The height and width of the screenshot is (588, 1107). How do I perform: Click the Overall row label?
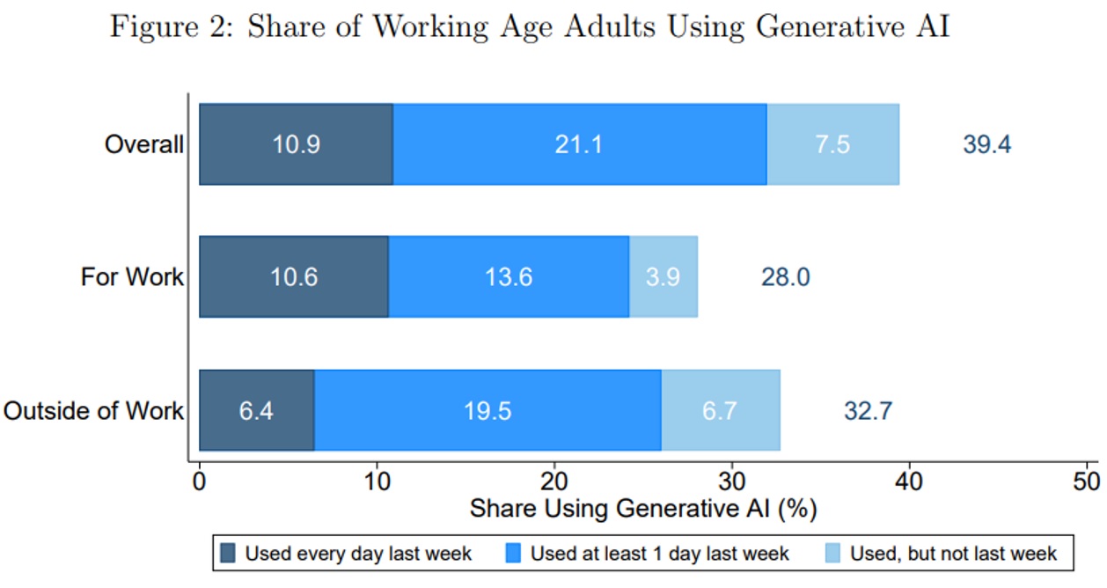[144, 144]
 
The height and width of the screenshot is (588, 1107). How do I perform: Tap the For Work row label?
[132, 277]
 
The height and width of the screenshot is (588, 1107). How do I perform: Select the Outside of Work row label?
[94, 410]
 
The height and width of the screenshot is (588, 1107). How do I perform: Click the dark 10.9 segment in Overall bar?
[296, 144]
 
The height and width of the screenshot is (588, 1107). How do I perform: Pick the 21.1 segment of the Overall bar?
[579, 144]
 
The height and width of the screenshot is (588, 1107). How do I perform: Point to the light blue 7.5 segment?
[832, 144]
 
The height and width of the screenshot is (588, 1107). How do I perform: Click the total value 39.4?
[986, 144]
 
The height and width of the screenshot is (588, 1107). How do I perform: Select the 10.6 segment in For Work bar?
[294, 277]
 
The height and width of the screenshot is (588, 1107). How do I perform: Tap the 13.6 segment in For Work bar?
[508, 277]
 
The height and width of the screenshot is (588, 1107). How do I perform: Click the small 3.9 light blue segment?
[663, 277]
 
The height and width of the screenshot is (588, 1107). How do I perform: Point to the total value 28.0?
[785, 277]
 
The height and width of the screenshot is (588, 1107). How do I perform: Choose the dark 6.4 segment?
[256, 410]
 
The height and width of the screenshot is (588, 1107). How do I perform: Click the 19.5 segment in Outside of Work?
[488, 410]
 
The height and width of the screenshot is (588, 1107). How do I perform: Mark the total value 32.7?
[868, 410]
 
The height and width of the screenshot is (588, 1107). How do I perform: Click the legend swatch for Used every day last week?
[228, 554]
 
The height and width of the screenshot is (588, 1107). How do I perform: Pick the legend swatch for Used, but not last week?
[832, 554]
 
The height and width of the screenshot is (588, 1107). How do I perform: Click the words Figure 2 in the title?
[168, 26]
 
